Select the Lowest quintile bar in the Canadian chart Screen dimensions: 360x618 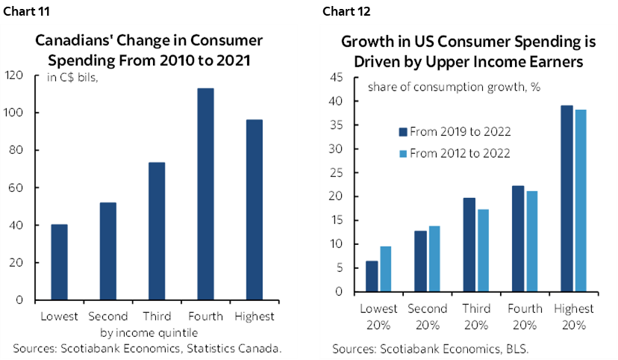pyautogui.click(x=59, y=262)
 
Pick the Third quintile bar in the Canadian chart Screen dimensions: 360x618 pyautogui.click(x=156, y=232)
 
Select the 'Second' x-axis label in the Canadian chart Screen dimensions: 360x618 pyautogui.click(x=107, y=316)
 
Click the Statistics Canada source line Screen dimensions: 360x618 pyautogui.click(x=147, y=348)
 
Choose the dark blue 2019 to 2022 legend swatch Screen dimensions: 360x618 pyautogui.click(x=402, y=132)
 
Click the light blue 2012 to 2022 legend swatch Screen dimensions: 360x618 pyautogui.click(x=402, y=152)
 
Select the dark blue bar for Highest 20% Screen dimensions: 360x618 pyautogui.click(x=566, y=199)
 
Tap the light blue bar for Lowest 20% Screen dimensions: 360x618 pyautogui.click(x=386, y=269)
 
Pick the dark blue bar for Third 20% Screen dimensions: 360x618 pyautogui.click(x=469, y=244)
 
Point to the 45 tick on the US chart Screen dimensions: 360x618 pyautogui.click(x=336, y=77)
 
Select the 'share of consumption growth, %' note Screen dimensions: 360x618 pyautogui.click(x=453, y=87)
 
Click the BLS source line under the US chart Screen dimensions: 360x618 pyautogui.click(x=414, y=349)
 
